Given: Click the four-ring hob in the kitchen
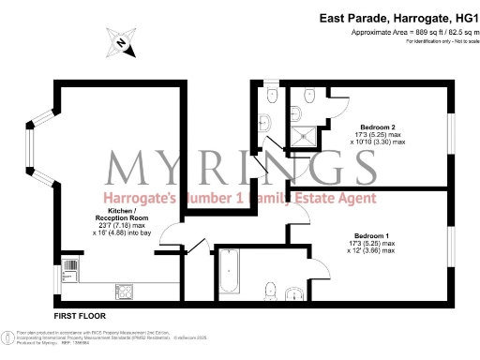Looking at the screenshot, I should [x=124, y=290].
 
